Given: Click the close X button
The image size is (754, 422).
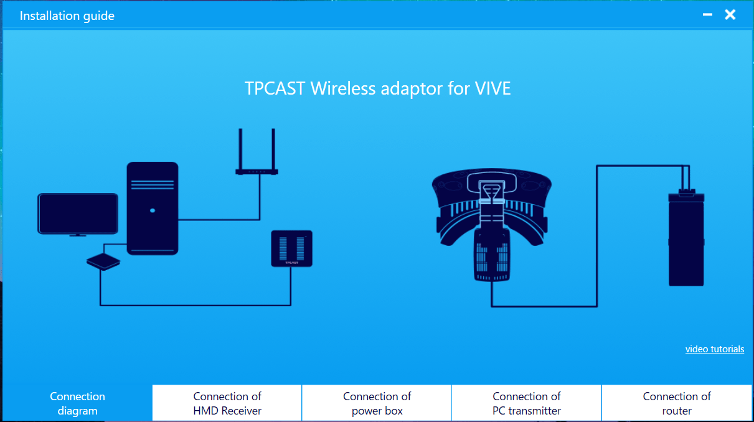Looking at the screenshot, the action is [x=730, y=14].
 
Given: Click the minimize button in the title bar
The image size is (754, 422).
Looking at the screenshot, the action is [x=707, y=14].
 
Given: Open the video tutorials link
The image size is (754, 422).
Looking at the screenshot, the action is [x=715, y=349].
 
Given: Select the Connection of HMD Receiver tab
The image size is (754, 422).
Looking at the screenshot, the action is [x=227, y=403].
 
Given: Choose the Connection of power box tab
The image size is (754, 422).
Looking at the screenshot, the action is [x=377, y=403].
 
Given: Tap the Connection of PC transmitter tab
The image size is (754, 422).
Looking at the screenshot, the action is [x=527, y=403].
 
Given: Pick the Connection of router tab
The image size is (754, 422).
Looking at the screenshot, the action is [x=677, y=403].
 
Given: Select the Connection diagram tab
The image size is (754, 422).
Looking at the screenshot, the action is [x=77, y=403].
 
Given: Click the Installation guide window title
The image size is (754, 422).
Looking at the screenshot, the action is [x=67, y=16].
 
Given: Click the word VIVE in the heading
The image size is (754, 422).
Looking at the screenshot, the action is [x=492, y=88].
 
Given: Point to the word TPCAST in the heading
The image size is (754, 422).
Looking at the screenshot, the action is [x=275, y=88].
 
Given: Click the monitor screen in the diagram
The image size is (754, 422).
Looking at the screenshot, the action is [x=78, y=213].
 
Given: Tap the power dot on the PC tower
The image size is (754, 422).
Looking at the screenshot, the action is [x=153, y=210].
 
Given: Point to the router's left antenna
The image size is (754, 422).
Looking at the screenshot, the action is [x=240, y=149].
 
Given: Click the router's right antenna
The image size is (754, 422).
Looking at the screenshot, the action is [x=273, y=149].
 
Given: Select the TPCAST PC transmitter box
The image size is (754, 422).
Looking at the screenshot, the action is [x=291, y=248].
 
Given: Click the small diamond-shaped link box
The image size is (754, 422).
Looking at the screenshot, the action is [x=103, y=262].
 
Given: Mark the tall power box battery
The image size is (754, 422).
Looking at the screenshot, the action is [x=686, y=238].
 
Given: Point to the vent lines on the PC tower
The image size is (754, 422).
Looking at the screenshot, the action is [x=153, y=185].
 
